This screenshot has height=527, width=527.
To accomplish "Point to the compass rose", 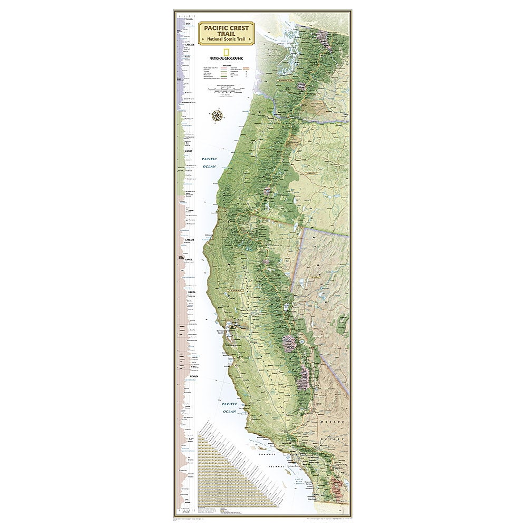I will pyautogui.click(x=217, y=115).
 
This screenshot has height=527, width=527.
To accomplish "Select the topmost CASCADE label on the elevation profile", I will pyautogui.click(x=191, y=46).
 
